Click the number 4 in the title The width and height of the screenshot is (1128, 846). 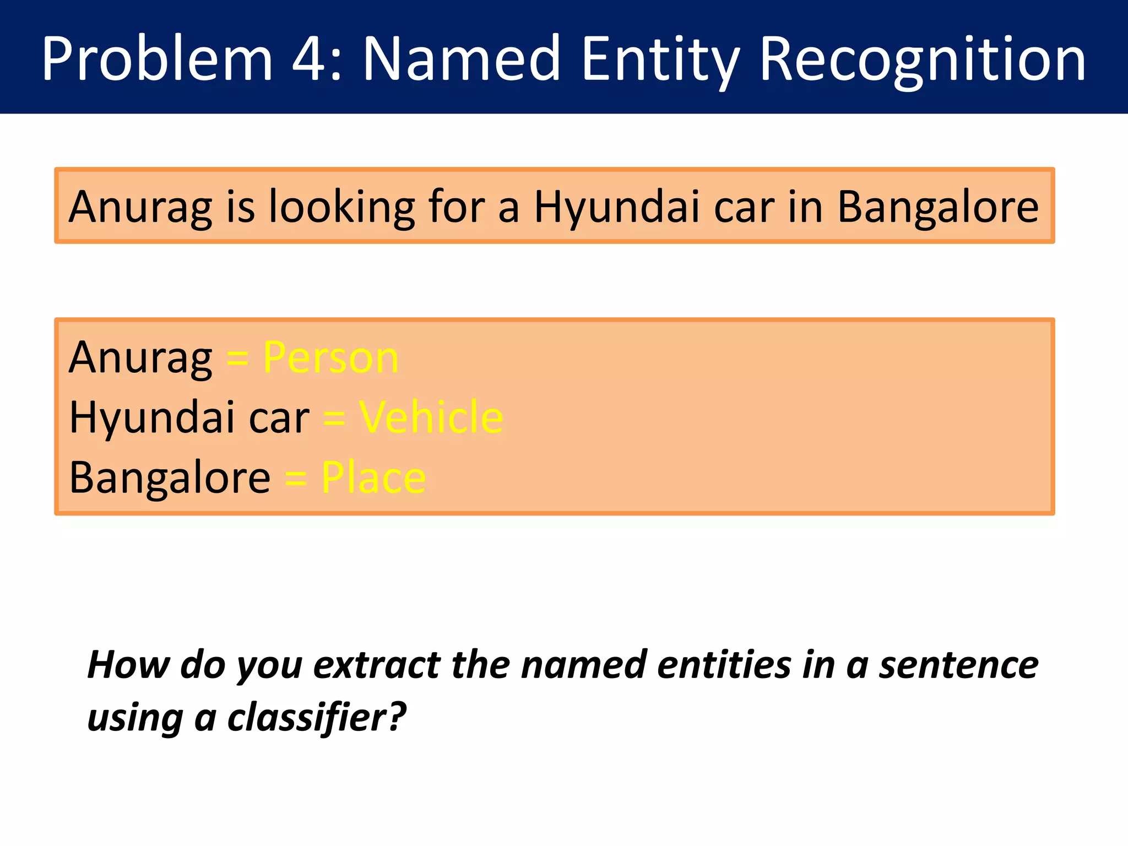click(310, 59)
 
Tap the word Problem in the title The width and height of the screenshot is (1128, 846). click(157, 59)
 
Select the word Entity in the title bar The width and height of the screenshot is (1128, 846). click(660, 59)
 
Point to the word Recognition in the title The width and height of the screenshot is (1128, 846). click(922, 59)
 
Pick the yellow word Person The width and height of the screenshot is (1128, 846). click(330, 358)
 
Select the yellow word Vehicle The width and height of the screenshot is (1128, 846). click(431, 417)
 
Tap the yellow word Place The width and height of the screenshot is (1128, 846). click(373, 478)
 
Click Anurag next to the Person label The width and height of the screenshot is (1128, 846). click(140, 358)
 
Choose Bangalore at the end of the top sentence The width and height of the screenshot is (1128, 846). click(937, 207)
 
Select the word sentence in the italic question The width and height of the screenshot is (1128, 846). click(958, 665)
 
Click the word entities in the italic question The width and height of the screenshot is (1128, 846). click(724, 665)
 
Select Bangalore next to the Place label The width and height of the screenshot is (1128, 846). click(170, 478)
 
